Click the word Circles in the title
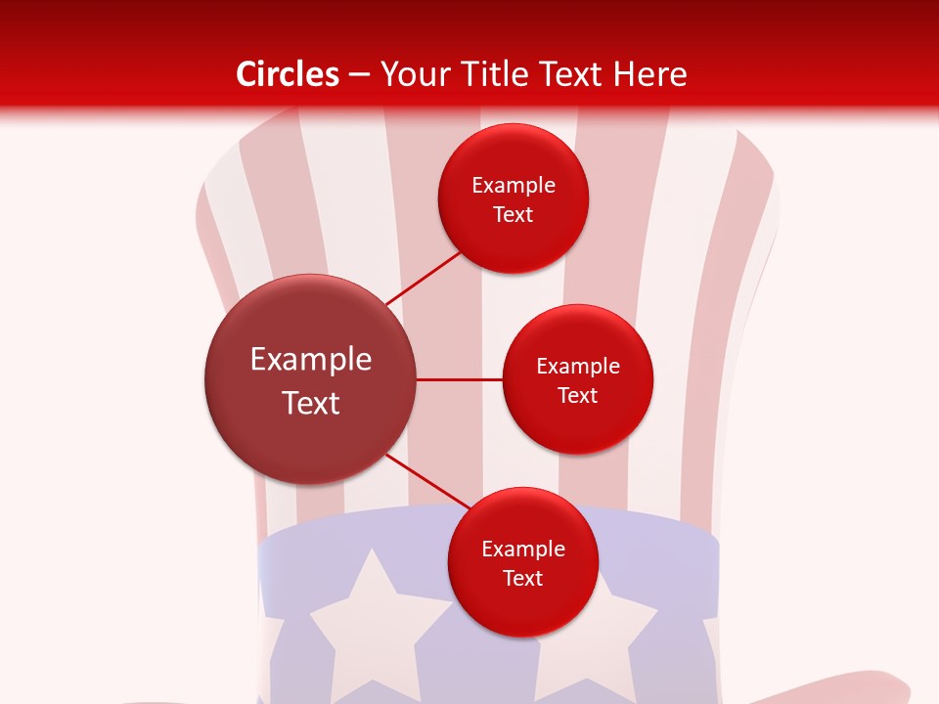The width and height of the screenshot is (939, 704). pyautogui.click(x=288, y=74)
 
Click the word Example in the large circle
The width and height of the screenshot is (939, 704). pyautogui.click(x=311, y=360)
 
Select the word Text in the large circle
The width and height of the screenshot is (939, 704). pyautogui.click(x=311, y=403)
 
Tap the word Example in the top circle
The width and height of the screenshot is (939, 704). pyautogui.click(x=514, y=186)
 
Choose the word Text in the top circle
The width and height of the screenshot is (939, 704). pyautogui.click(x=514, y=215)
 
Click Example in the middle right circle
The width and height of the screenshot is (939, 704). pyautogui.click(x=578, y=367)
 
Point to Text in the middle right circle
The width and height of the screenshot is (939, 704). pyautogui.click(x=578, y=396)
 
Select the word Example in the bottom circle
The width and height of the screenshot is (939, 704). pyautogui.click(x=523, y=550)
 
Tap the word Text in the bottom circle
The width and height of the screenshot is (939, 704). pyautogui.click(x=523, y=579)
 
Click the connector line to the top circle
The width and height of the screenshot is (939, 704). pyautogui.click(x=423, y=279)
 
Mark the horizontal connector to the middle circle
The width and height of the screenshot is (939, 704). pyautogui.click(x=460, y=379)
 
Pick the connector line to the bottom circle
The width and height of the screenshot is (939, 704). pyautogui.click(x=428, y=481)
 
